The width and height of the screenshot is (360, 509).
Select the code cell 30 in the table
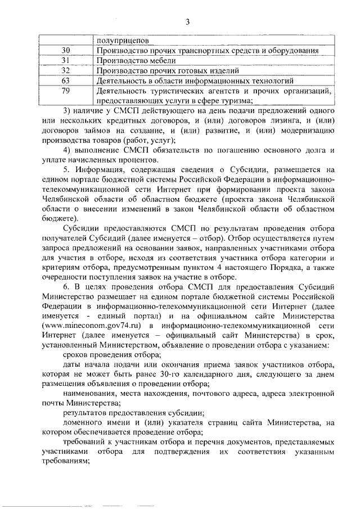(65, 51)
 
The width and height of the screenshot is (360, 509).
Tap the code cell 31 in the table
(65, 61)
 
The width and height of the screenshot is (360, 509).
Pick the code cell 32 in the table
(65, 71)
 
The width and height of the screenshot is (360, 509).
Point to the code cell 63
(65, 81)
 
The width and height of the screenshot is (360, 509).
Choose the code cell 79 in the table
(65, 91)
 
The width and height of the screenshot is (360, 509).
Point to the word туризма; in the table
(238, 101)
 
